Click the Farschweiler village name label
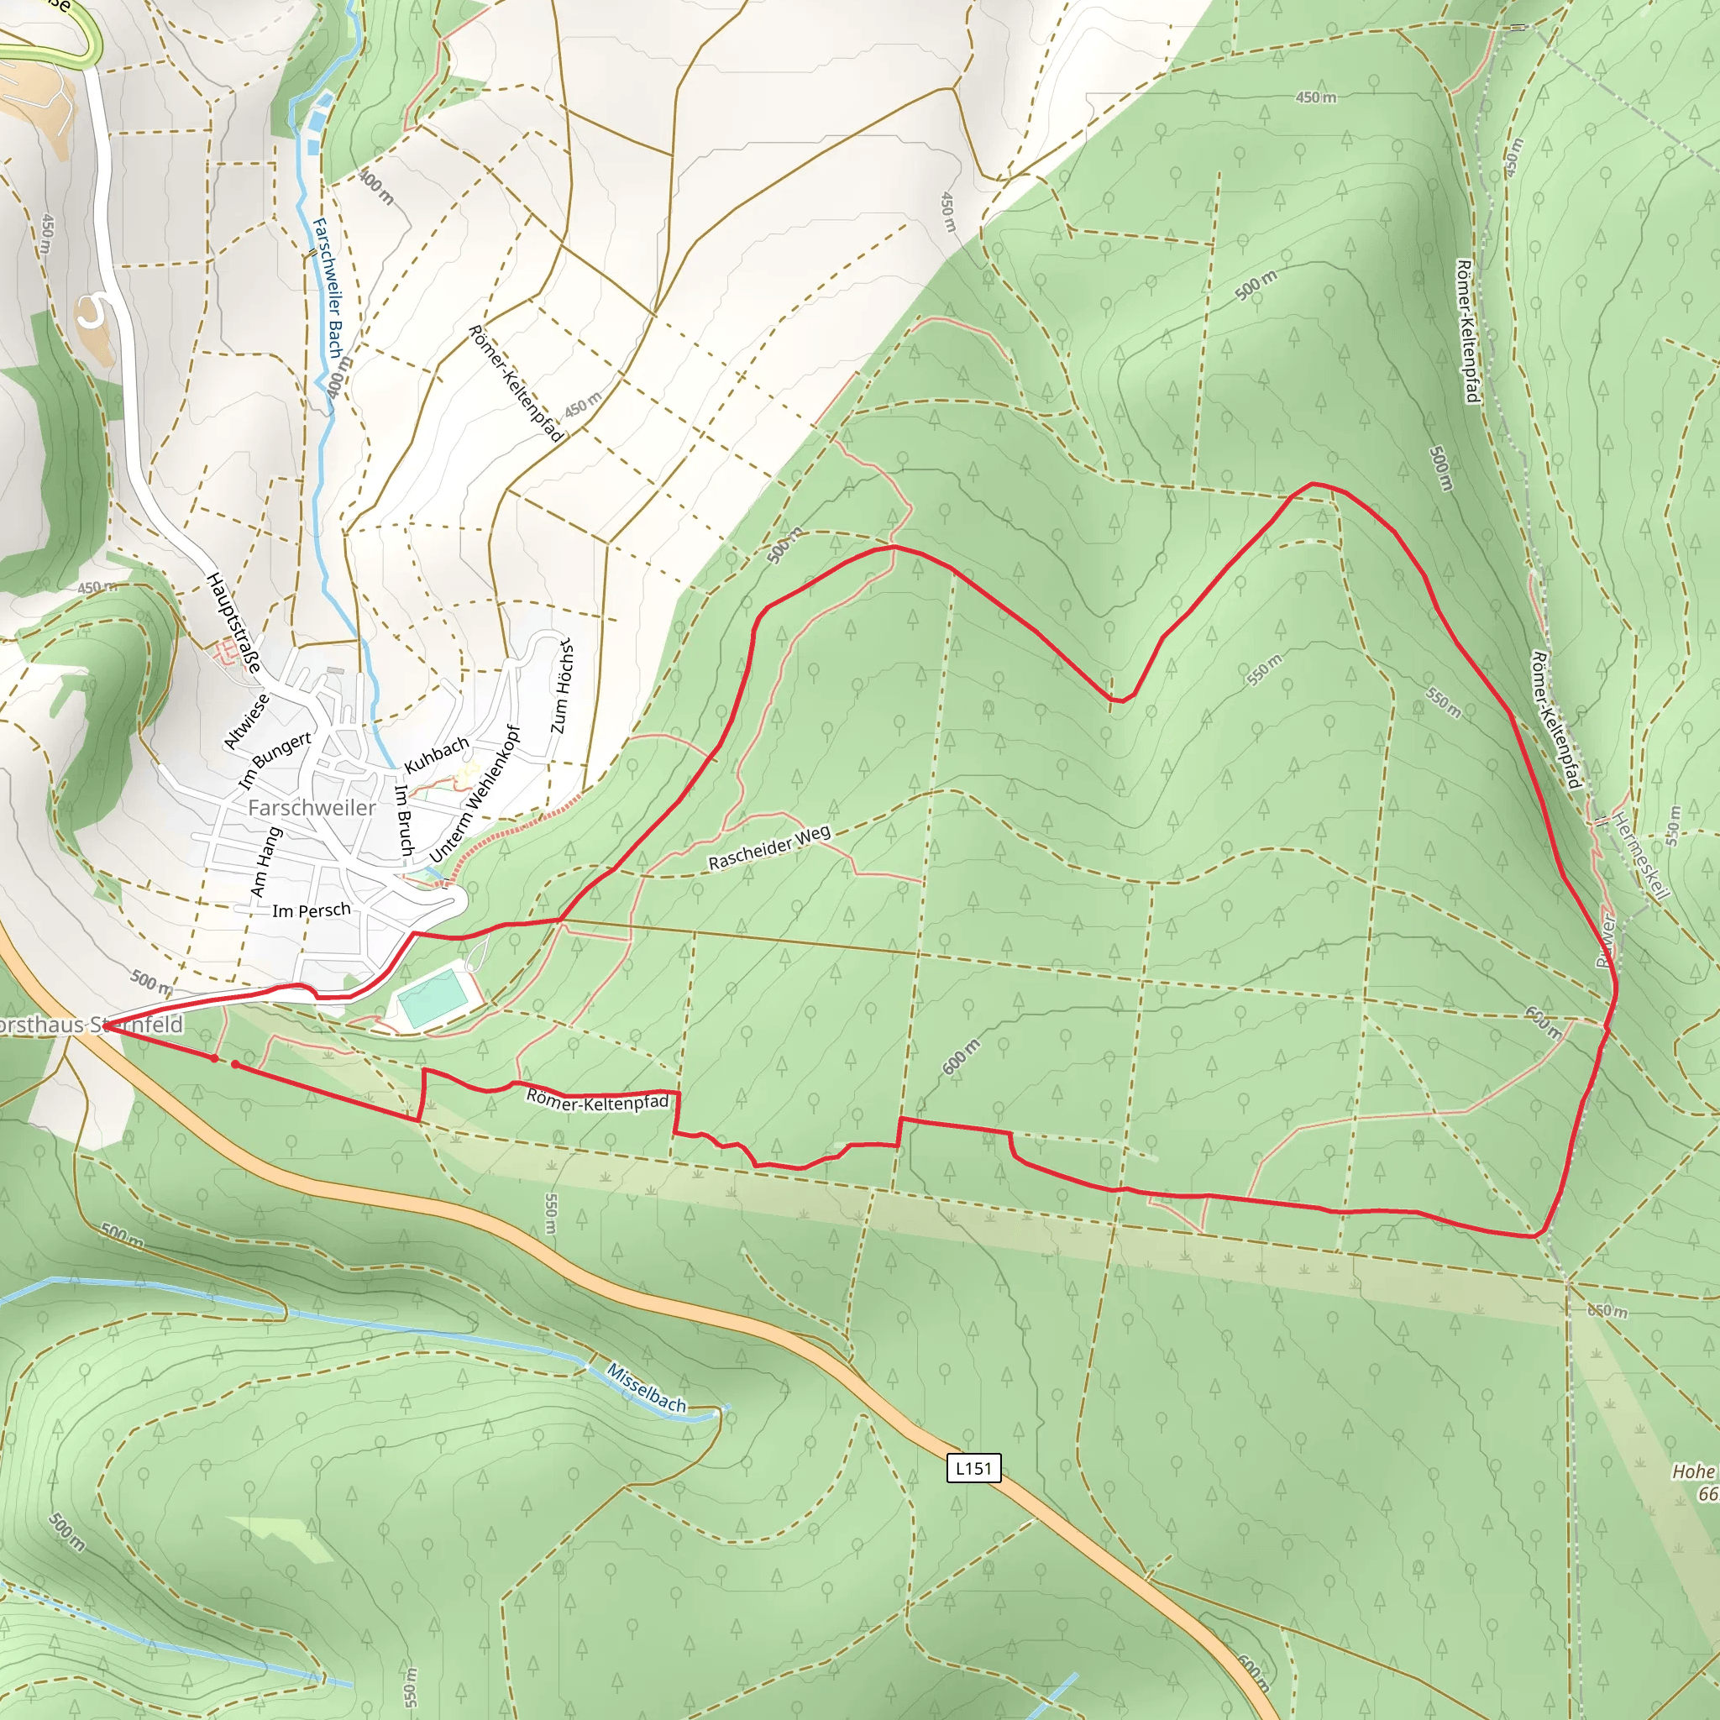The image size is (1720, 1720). (312, 807)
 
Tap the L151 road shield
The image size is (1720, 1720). (973, 1468)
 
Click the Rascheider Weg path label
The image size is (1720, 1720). (769, 847)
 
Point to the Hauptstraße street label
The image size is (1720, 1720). (234, 622)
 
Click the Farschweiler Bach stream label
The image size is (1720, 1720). (328, 290)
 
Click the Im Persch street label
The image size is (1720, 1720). (311, 910)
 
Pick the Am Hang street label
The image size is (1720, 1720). (265, 862)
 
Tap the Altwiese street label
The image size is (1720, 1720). (246, 722)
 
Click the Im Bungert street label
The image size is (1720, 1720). (275, 759)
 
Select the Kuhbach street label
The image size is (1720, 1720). (436, 755)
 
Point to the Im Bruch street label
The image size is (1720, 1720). (404, 820)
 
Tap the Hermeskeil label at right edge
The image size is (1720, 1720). (1641, 856)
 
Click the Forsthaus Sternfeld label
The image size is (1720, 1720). (89, 1025)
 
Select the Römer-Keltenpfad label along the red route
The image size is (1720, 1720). (597, 1101)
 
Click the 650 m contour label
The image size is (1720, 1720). (1607, 1311)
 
